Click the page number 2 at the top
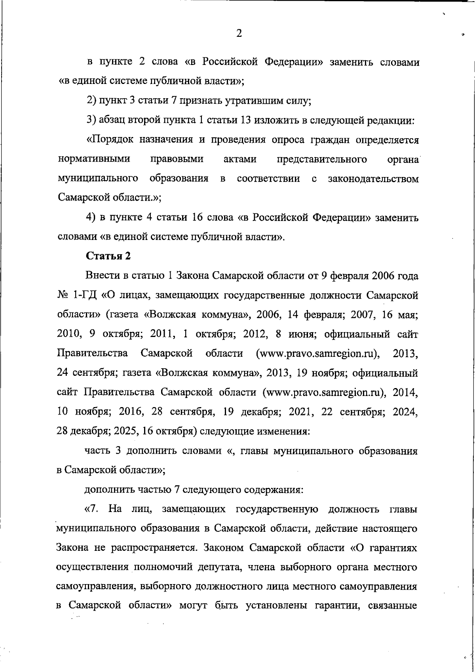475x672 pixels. pos(239,33)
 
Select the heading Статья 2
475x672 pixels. pos(108,256)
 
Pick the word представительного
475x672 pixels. pos(321,159)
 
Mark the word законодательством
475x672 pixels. pos(373,179)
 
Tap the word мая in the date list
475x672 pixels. pos(408,315)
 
